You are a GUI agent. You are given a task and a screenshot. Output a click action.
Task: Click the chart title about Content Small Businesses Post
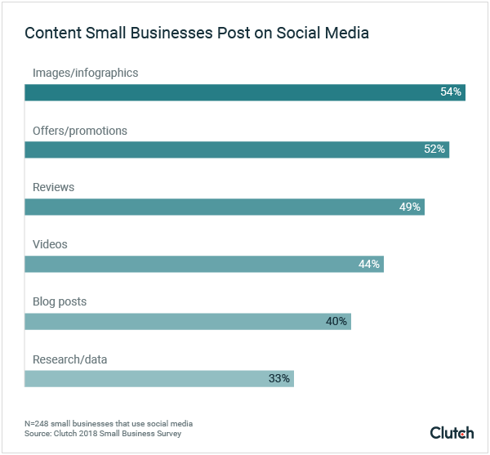[196, 33]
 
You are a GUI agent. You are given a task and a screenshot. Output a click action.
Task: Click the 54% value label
[451, 92]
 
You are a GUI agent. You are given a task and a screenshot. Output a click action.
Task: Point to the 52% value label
[434, 149]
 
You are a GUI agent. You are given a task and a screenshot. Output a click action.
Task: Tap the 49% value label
[410, 207]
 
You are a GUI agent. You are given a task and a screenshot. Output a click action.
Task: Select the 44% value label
[369, 264]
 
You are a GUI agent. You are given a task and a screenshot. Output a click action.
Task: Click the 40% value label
[336, 321]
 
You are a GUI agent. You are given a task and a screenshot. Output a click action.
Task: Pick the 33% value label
[279, 378]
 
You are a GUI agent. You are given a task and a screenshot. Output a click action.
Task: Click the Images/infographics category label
[85, 73]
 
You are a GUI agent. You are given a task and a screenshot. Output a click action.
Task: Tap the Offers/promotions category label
[79, 131]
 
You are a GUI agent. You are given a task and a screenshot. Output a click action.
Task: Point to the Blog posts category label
[59, 301]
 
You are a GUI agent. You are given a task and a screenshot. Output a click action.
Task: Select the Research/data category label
[69, 359]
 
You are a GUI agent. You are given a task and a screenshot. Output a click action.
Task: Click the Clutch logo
[452, 432]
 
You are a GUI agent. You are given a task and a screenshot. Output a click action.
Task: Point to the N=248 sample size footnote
[109, 423]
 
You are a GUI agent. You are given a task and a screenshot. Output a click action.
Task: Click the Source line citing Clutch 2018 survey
[103, 433]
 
